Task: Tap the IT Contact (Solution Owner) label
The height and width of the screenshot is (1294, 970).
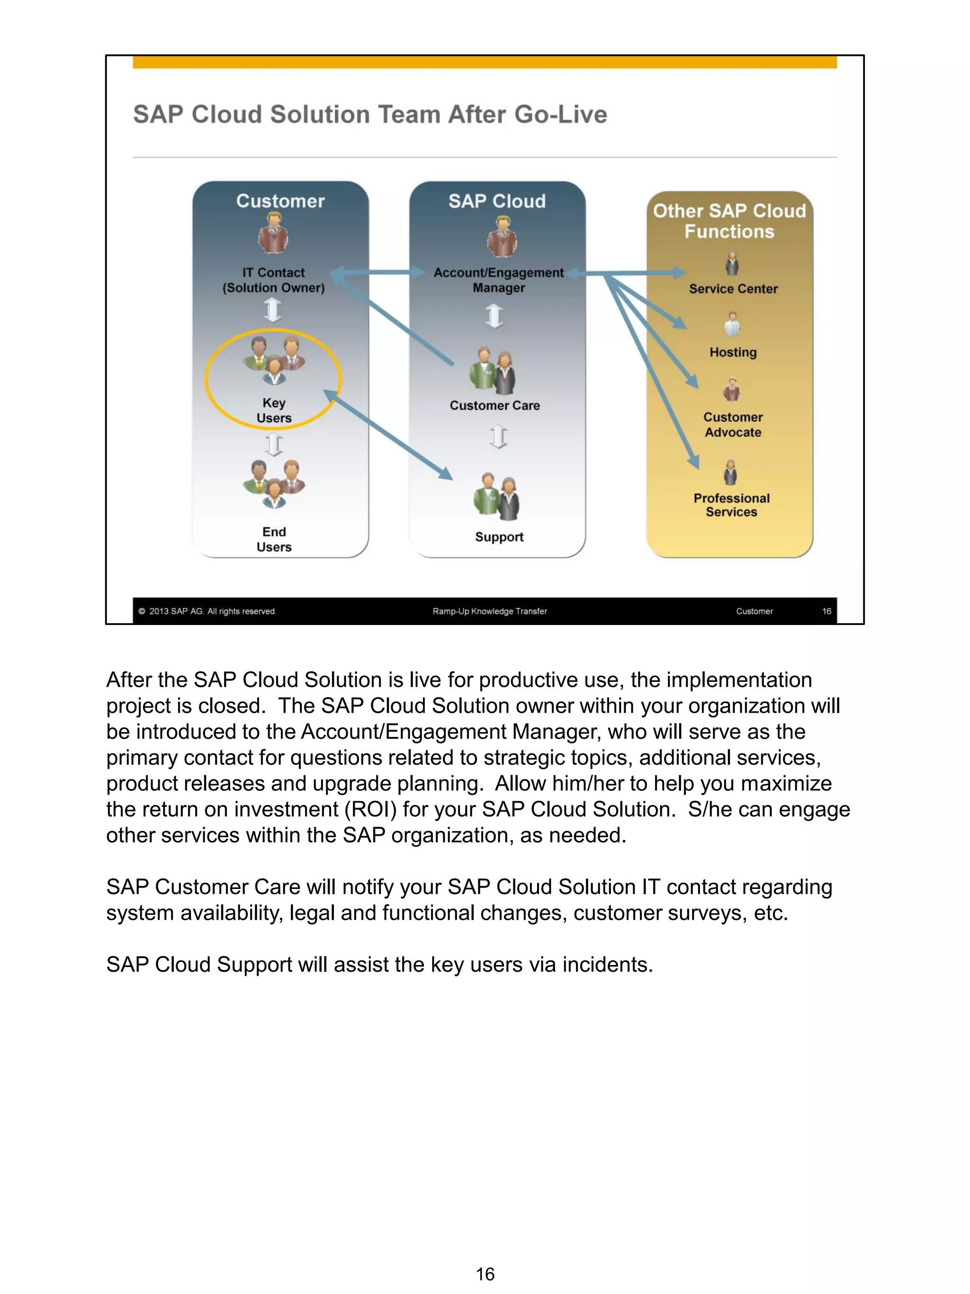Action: point(273,280)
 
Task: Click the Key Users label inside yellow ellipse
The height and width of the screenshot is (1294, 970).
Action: point(274,410)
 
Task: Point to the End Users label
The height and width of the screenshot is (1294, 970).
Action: point(274,539)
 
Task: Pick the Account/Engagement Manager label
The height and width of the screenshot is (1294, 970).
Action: point(498,280)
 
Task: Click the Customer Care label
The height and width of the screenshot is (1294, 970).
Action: point(494,406)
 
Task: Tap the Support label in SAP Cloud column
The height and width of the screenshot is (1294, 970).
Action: point(499,536)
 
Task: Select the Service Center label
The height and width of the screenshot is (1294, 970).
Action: point(733,289)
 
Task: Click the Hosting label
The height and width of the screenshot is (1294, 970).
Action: point(733,352)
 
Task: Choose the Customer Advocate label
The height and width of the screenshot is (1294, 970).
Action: point(733,425)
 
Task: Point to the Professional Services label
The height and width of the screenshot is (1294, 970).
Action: point(731,505)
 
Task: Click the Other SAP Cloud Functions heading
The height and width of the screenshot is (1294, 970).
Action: point(729,221)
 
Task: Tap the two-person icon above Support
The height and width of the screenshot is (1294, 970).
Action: point(496,497)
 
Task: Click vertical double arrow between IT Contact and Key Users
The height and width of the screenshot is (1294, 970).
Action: point(272,310)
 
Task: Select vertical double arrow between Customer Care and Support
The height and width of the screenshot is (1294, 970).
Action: point(498,436)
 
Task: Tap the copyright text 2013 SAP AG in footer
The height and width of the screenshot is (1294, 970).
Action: point(207,611)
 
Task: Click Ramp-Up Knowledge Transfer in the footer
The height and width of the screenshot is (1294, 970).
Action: point(489,611)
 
